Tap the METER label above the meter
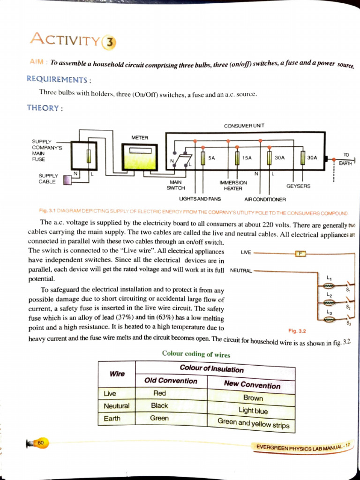coord(140,138)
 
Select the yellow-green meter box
coord(140,157)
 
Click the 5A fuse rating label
coord(211,158)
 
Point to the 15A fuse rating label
coord(247,158)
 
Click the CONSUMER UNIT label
coord(244,126)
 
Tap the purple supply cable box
coord(67,180)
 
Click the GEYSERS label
coord(298,186)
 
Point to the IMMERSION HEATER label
coord(233,185)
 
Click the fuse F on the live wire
coord(300,254)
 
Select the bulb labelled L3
coord(329,319)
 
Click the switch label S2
coord(348,307)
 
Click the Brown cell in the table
coord(253,397)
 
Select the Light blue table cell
coord(253,410)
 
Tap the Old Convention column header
coord(171,381)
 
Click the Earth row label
coord(112,418)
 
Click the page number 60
coord(41,442)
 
